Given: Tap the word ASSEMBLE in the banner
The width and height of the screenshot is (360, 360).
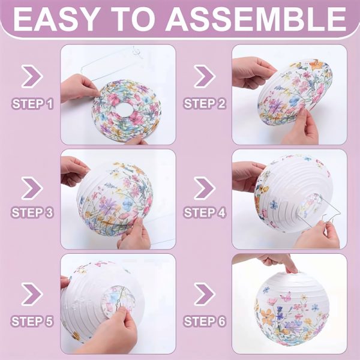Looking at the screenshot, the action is click(x=256, y=19).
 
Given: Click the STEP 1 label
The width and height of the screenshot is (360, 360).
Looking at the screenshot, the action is click(x=32, y=104).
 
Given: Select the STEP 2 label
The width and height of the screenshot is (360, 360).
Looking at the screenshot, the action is click(x=205, y=104).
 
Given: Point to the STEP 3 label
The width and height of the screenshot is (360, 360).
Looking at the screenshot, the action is click(x=32, y=212).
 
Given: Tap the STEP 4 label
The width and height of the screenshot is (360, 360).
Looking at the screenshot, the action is click(x=205, y=212).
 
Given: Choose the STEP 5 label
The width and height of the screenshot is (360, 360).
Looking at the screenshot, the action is click(x=32, y=321).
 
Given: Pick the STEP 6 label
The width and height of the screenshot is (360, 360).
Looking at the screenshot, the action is click(x=205, y=321).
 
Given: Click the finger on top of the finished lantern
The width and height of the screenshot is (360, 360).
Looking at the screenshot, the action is click(x=291, y=266).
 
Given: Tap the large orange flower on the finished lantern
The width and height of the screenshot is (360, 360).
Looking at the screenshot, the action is click(x=268, y=317).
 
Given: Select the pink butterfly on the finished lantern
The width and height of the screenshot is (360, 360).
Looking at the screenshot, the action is click(x=286, y=297).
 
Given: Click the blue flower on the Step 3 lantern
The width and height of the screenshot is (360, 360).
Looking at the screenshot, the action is click(x=128, y=203).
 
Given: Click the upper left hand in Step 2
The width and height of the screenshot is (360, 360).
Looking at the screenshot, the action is click(x=252, y=73).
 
